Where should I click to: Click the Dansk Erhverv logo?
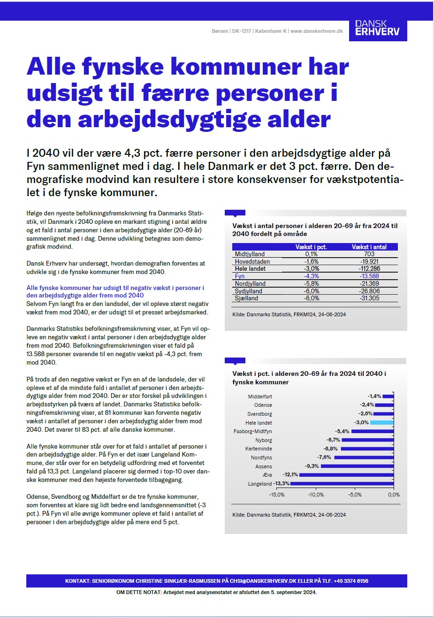point(378,28)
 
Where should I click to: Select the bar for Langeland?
point(342,483)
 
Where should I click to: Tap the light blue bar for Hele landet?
point(382,422)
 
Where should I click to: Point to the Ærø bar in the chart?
point(347,474)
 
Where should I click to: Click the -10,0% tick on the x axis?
point(316,495)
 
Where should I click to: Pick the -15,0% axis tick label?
point(277,495)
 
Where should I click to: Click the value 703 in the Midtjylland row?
point(369,254)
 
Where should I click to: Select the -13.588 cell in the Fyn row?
point(369,276)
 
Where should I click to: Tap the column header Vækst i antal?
point(369,247)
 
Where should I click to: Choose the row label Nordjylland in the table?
point(250,283)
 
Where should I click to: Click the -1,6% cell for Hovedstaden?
point(312,261)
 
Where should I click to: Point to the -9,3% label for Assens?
point(312,466)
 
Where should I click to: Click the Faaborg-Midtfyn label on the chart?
point(252,431)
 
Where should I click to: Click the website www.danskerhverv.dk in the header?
point(316,31)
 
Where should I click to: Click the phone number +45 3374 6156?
point(351,581)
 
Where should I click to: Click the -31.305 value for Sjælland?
point(369,298)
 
